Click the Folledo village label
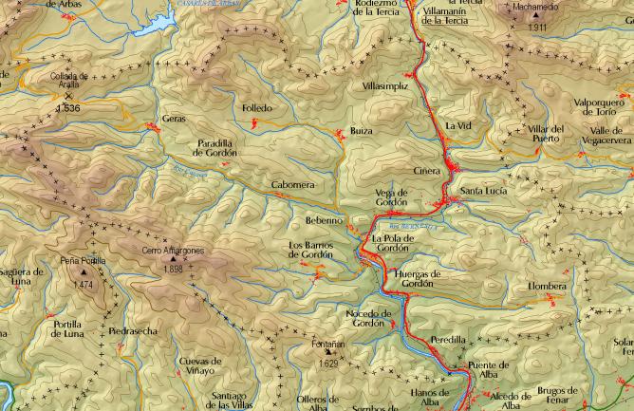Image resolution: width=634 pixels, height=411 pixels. click(x=256, y=108)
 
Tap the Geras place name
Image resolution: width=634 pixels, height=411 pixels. click(x=174, y=119)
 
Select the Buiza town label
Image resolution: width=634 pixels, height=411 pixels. click(x=361, y=130)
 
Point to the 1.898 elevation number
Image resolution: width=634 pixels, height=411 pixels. click(x=173, y=270)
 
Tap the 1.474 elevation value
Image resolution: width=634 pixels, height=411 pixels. click(x=82, y=285)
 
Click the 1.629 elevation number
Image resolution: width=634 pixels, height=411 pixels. click(x=328, y=364)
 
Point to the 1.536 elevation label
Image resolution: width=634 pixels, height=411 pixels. click(x=67, y=109)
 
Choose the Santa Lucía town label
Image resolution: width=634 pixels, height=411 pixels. click(x=483, y=191)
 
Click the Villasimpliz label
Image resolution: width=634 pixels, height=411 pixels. click(x=385, y=85)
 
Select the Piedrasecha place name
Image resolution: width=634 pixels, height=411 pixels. click(x=133, y=331)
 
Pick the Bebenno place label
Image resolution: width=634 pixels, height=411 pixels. click(x=323, y=220)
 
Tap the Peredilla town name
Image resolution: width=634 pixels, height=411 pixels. click(x=448, y=339)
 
